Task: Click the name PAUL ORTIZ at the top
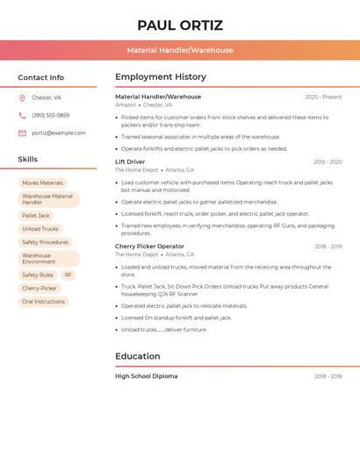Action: click(x=180, y=25)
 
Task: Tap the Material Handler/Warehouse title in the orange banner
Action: click(x=180, y=51)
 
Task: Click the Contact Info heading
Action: click(x=40, y=77)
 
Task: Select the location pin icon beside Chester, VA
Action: click(x=22, y=97)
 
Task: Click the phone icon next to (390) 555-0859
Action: click(x=22, y=115)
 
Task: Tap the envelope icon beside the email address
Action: click(x=22, y=133)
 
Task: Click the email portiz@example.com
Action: click(x=59, y=133)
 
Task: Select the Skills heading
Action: click(x=28, y=160)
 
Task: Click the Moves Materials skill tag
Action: click(x=42, y=182)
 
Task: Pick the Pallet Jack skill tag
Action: click(x=36, y=215)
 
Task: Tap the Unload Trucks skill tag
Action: click(x=40, y=229)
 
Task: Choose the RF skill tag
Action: click(x=68, y=275)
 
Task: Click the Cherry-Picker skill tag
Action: click(x=40, y=288)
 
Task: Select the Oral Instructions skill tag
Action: click(x=43, y=301)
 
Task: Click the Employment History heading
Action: click(x=161, y=77)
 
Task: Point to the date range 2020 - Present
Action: click(x=323, y=97)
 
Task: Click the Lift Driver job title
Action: click(x=130, y=162)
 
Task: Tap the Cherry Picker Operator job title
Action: click(x=149, y=247)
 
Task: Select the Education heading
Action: click(x=138, y=356)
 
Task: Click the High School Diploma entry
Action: click(x=146, y=376)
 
